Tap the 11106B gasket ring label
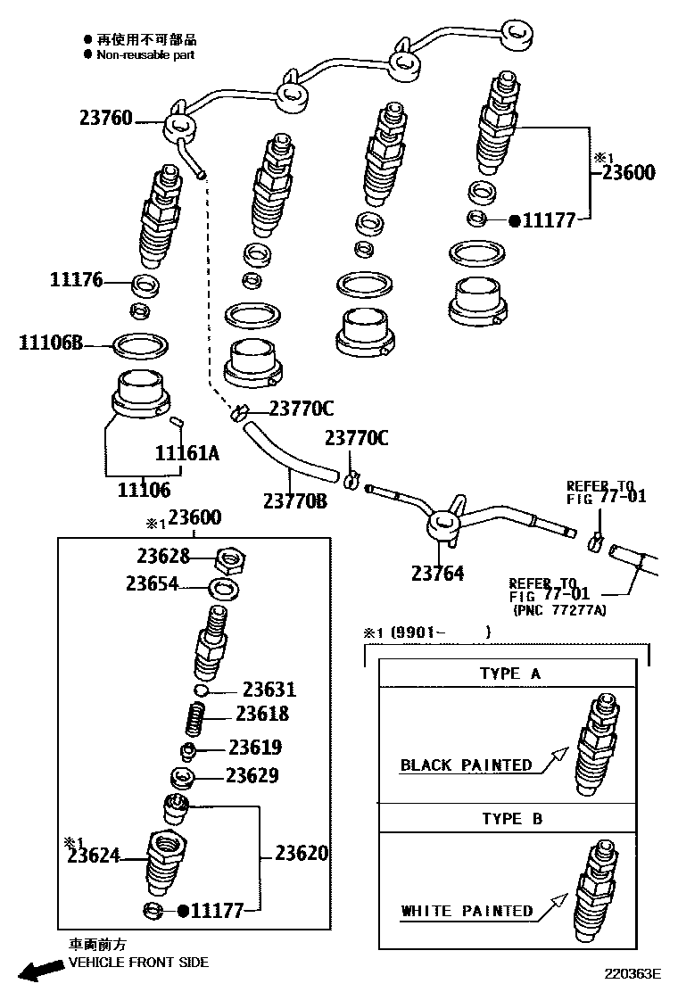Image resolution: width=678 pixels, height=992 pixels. (50, 342)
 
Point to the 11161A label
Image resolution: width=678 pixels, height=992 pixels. (187, 452)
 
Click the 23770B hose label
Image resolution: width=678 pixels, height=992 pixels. (294, 501)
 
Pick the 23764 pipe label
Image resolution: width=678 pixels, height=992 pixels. (437, 573)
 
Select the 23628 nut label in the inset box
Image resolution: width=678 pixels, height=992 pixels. (163, 557)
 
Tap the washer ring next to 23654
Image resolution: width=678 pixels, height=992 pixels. (222, 588)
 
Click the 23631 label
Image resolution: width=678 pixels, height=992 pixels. (269, 690)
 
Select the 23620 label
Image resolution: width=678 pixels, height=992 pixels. (301, 854)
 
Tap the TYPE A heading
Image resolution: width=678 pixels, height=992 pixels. (509, 674)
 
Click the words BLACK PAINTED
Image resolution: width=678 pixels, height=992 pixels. (466, 765)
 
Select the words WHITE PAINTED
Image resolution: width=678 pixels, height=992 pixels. (467, 911)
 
